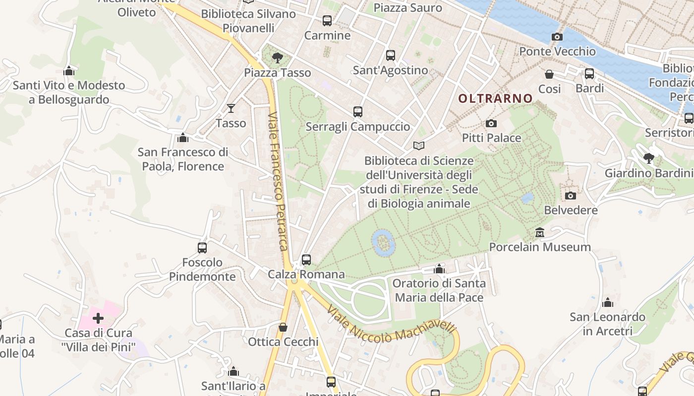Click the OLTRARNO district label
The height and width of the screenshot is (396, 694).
(495, 99)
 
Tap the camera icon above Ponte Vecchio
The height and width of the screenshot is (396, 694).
(557, 37)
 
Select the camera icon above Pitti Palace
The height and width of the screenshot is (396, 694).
(491, 123)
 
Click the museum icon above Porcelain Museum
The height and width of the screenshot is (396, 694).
(539, 232)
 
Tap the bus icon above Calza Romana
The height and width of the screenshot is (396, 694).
(306, 259)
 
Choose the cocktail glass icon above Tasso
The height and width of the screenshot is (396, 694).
(231, 108)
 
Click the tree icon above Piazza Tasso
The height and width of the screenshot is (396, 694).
(278, 58)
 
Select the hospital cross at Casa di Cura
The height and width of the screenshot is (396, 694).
(98, 318)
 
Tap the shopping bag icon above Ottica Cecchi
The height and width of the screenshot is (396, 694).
(283, 327)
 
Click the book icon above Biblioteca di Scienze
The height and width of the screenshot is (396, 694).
(419, 146)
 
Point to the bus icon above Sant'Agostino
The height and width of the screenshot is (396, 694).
(391, 55)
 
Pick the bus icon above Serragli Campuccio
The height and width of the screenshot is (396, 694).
(358, 112)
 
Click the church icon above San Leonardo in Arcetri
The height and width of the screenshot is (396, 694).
(608, 302)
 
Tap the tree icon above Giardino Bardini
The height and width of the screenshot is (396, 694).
(648, 158)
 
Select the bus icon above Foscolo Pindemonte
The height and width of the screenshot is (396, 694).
(202, 247)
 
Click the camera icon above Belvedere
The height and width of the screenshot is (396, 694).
(571, 196)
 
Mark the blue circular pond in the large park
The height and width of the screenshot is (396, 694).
(383, 242)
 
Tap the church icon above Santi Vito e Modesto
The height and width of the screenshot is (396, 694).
(69, 71)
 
